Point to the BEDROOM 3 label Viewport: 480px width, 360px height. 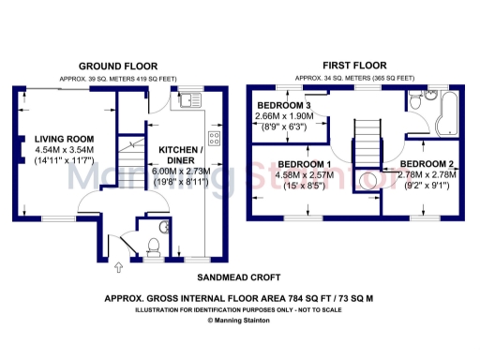click(x=288, y=104)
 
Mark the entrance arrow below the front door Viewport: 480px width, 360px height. click(x=117, y=270)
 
